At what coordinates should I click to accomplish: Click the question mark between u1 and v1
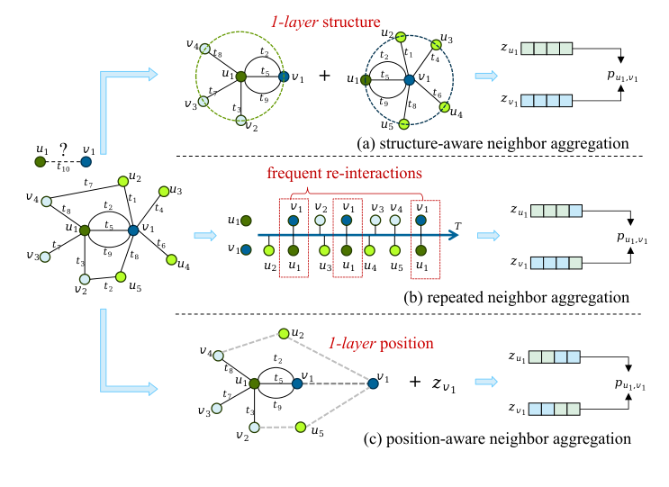(62, 150)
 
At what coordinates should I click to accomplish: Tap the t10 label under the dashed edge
(62, 167)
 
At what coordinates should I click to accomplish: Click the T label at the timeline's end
(458, 222)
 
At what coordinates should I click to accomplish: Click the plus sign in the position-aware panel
(415, 383)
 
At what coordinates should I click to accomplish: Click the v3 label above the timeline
(376, 208)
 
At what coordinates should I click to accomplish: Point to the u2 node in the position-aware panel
(285, 334)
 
